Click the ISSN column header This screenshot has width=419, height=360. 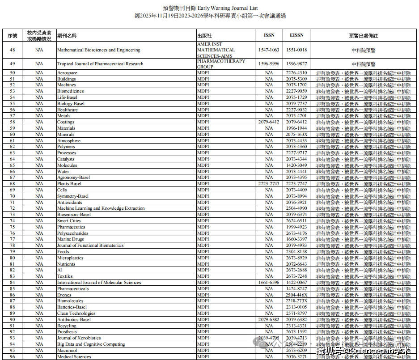269,35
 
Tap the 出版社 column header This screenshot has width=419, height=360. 204,35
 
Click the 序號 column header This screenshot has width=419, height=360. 13,35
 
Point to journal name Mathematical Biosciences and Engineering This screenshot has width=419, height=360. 98,50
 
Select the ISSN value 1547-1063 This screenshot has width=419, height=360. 269,50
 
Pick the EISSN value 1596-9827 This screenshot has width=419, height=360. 296,64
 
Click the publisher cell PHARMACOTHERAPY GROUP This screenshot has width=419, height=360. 221,64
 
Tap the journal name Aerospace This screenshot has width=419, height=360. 67,73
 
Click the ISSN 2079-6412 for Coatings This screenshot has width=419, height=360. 269,122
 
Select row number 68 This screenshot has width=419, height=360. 13,184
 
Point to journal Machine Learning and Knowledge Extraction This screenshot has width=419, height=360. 101,208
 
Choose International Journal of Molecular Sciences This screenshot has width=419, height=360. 99,283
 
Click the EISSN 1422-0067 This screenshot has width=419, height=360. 296,283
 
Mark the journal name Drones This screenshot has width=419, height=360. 64,295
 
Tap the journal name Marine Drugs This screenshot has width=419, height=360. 70,239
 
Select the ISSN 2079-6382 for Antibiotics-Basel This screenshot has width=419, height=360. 269,320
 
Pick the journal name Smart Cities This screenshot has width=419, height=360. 69,221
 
